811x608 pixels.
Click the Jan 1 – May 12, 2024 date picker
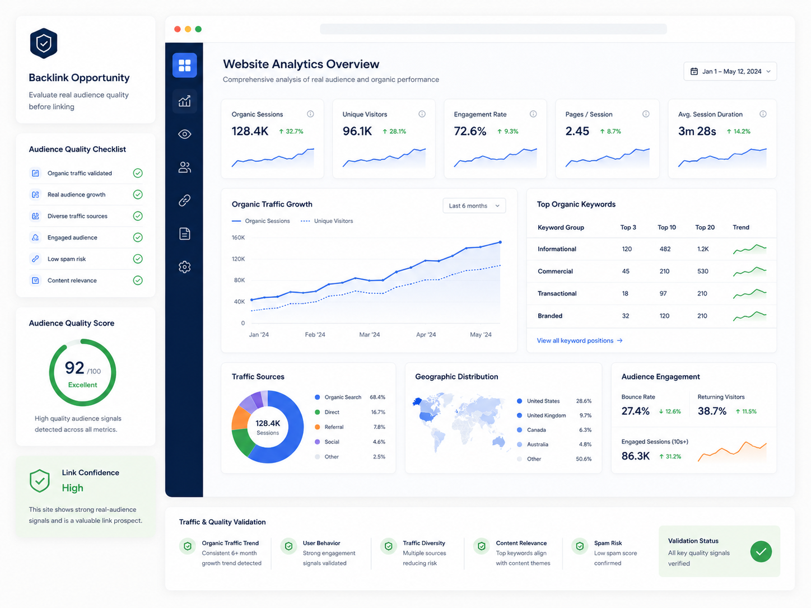(730, 71)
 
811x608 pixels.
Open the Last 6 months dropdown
(474, 205)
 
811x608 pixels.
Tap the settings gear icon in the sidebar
(185, 266)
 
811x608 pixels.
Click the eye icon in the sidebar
(185, 134)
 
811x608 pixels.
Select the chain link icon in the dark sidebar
(185, 200)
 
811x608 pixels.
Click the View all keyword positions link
(579, 340)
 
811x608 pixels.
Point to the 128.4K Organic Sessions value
(250, 131)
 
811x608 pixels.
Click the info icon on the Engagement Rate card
(533, 114)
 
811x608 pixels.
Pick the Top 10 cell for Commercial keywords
(664, 271)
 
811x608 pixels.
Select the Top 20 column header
(705, 227)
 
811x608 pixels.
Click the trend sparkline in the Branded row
(749, 316)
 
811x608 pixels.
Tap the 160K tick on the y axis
(238, 237)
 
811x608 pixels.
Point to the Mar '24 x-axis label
(369, 334)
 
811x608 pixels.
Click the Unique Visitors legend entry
(327, 221)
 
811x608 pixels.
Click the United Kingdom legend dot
(519, 415)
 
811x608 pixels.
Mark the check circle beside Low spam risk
(138, 259)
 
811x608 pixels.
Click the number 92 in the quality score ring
(74, 367)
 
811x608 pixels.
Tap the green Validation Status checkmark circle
(761, 551)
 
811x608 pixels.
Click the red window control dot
(178, 29)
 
